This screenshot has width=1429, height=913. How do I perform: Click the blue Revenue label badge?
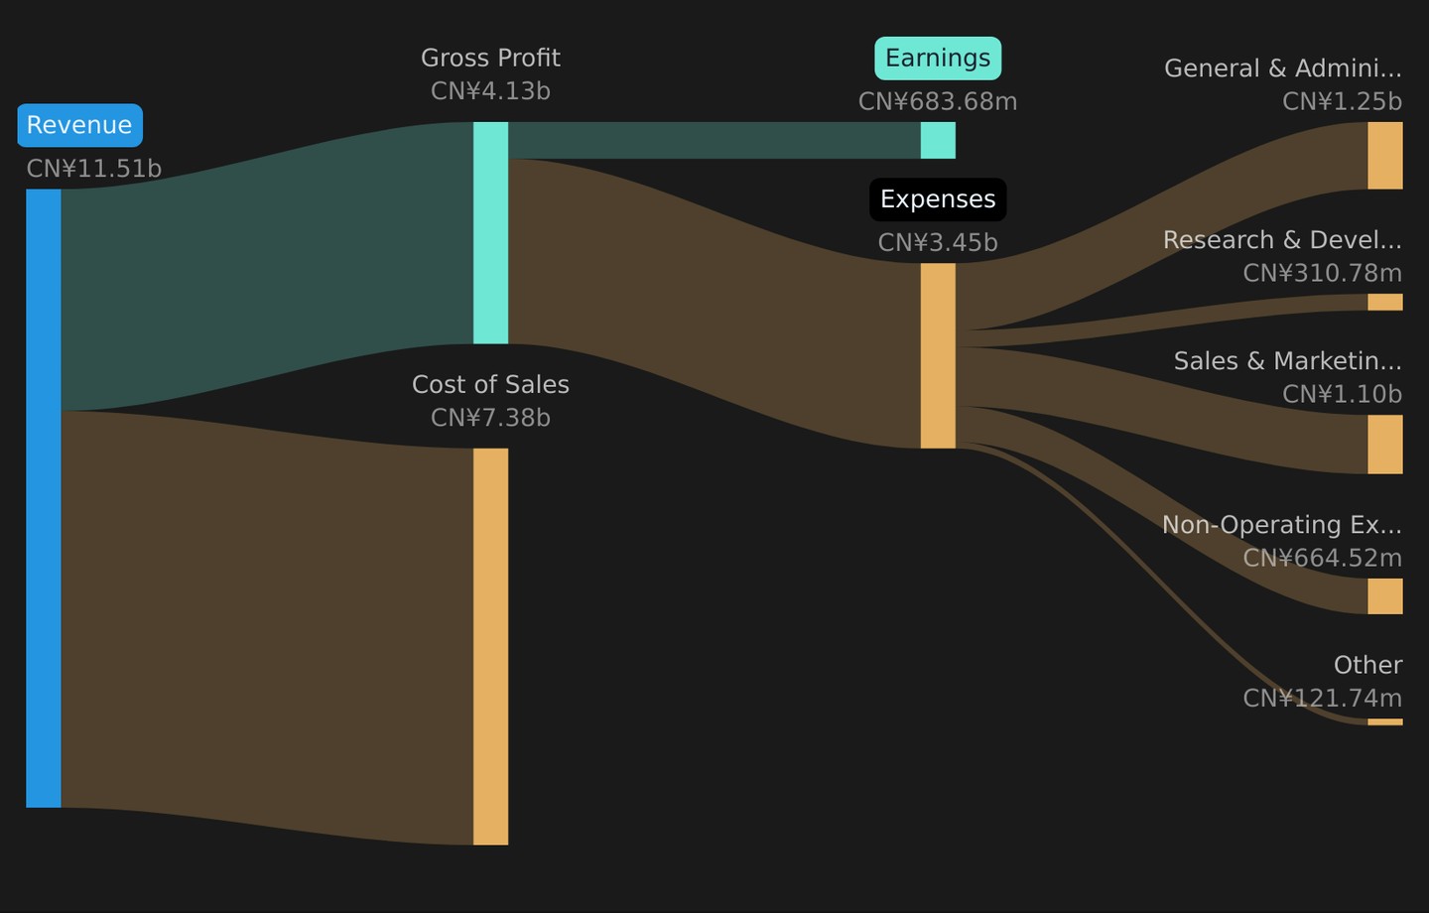click(x=79, y=125)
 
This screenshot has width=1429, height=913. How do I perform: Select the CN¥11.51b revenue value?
click(x=93, y=169)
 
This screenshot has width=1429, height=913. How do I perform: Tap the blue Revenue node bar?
click(x=44, y=497)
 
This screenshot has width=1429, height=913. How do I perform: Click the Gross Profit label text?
click(x=490, y=59)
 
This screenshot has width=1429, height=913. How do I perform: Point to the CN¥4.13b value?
click(x=490, y=91)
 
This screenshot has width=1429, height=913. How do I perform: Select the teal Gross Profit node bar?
click(x=490, y=233)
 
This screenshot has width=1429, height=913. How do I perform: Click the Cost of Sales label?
click(x=490, y=385)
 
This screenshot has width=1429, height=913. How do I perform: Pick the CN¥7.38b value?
click(x=490, y=418)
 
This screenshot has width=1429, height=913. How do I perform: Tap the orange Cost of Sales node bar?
click(x=490, y=646)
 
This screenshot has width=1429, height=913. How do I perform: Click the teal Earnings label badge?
click(x=938, y=59)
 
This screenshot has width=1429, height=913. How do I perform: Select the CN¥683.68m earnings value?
click(x=938, y=101)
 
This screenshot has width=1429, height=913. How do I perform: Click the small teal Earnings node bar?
click(x=938, y=140)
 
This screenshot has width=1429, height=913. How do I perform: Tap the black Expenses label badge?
click(x=938, y=199)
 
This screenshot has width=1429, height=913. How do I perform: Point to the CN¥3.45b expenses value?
click(x=938, y=242)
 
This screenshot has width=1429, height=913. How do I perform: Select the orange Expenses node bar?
click(x=938, y=355)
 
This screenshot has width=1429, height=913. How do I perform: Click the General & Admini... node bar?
click(x=1385, y=156)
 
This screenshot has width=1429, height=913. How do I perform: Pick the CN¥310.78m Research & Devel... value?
click(x=1323, y=273)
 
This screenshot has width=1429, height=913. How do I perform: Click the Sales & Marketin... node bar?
click(x=1385, y=445)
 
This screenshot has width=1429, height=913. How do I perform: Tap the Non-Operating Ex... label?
click(x=1282, y=525)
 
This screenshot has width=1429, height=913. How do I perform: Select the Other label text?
click(x=1367, y=666)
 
